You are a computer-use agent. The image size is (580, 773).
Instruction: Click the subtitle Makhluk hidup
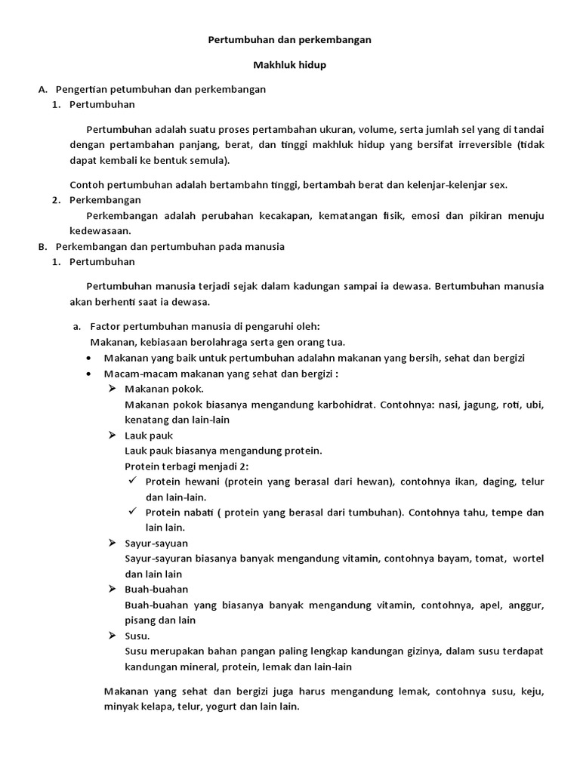click(x=289, y=65)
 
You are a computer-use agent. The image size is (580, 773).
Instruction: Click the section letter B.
click(x=42, y=246)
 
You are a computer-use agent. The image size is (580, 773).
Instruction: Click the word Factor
click(x=106, y=326)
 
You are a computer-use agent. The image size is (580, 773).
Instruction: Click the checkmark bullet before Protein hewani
click(x=131, y=481)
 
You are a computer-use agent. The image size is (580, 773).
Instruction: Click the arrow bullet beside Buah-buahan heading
click(x=111, y=588)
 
